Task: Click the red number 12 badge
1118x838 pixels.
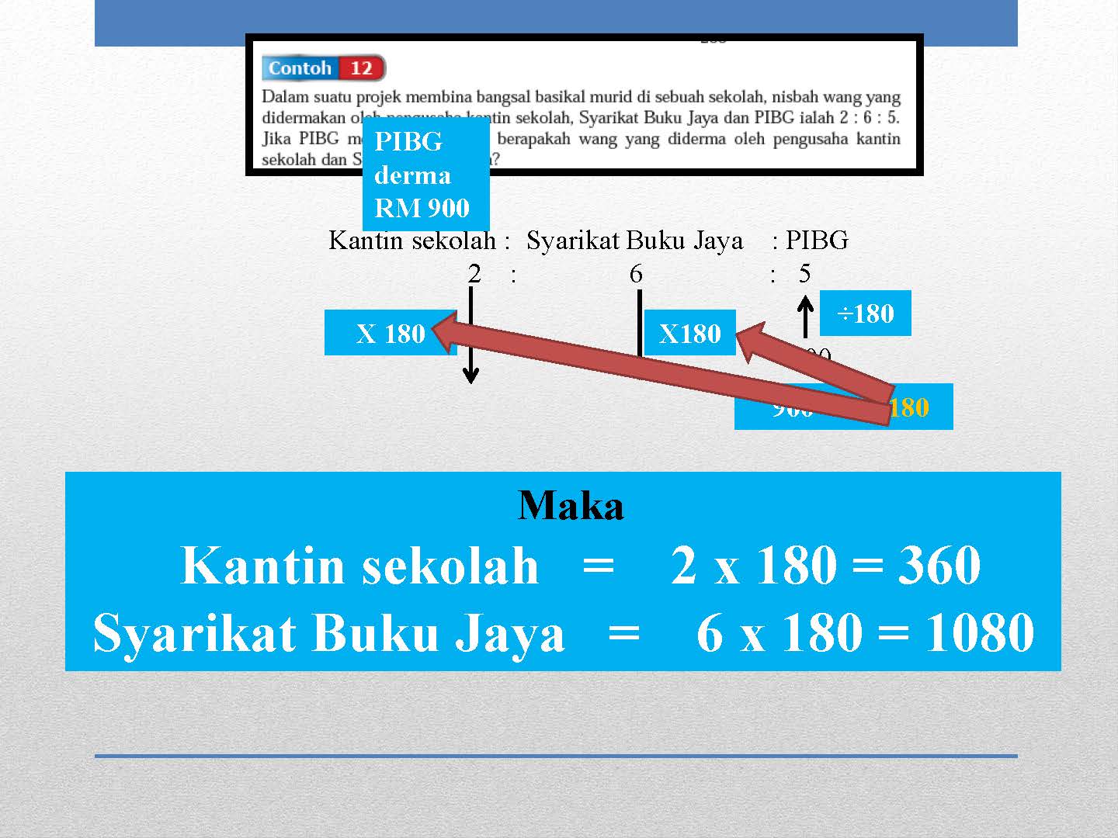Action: click(x=361, y=68)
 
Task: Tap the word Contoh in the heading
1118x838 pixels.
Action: click(x=300, y=68)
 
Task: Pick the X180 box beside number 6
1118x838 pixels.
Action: click(x=689, y=334)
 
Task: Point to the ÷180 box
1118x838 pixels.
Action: click(x=865, y=313)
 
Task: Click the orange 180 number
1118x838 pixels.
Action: click(x=909, y=407)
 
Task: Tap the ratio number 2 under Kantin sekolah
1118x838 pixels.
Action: click(x=474, y=273)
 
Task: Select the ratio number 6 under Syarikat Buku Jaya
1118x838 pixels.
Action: click(x=636, y=273)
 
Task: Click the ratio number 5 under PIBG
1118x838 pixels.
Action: click(x=804, y=273)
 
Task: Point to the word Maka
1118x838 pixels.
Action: click(x=571, y=506)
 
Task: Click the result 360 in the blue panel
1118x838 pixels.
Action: click(x=939, y=565)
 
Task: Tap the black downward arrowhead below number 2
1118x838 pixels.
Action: click(x=470, y=376)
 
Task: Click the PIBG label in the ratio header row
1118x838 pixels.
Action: click(x=817, y=241)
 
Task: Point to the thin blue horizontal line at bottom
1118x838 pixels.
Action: click(x=556, y=755)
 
